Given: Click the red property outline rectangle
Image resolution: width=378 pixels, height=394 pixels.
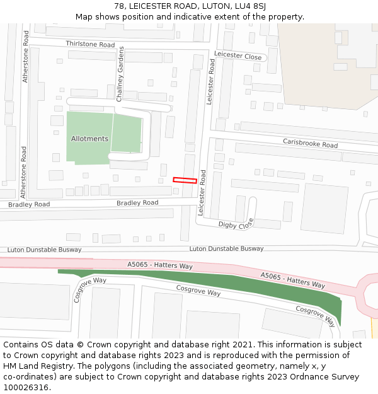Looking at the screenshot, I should [185, 180].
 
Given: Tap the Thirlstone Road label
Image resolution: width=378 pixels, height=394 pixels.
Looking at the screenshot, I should [90, 45].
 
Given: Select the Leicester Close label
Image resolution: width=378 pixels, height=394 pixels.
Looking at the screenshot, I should [238, 56].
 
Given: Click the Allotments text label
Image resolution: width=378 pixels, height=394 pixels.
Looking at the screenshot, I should [89, 139].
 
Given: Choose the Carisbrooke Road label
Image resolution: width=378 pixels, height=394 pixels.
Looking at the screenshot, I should [310, 144].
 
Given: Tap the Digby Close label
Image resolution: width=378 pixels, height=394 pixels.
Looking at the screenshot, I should [236, 224].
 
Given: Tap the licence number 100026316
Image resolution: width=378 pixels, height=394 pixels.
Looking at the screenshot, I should [26, 388].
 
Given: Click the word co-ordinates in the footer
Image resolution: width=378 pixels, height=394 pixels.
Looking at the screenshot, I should [28, 377].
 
